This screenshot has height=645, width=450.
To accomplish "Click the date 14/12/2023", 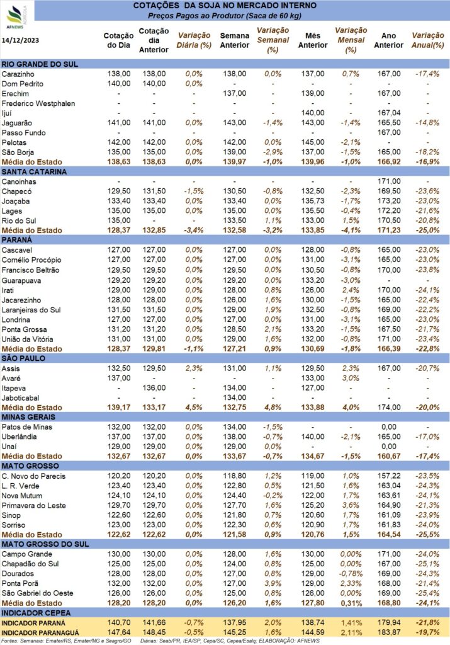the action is (21, 40).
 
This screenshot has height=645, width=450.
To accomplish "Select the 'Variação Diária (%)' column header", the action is (194, 40).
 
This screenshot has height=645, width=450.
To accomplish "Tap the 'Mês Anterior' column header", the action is (313, 40).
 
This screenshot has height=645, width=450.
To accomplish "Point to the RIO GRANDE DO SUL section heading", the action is (40, 64).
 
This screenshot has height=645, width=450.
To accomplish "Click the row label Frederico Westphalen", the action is (38, 104).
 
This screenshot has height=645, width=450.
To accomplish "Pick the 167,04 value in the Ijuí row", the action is (389, 113).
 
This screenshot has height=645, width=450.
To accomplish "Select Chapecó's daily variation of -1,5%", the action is (194, 191).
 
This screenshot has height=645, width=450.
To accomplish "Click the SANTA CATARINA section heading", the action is (34, 172).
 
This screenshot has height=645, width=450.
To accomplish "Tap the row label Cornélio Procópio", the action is (31, 260).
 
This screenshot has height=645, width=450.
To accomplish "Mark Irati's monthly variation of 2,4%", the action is (351, 290).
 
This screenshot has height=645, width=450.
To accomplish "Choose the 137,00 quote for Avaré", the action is (119, 378).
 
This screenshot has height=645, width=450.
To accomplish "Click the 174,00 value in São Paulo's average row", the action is (389, 408).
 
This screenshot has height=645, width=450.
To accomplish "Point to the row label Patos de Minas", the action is (26, 427).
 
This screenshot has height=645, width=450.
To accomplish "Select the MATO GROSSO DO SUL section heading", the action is (45, 544).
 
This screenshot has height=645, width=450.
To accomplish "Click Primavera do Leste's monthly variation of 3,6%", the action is (351, 506).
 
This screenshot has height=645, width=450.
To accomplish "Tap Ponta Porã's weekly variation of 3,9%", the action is (273, 584).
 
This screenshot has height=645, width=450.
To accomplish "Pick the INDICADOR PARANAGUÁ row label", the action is (40, 633).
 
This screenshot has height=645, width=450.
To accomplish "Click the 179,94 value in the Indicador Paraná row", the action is (389, 623).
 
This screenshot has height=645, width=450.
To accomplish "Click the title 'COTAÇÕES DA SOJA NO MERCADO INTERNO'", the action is (225, 6).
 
